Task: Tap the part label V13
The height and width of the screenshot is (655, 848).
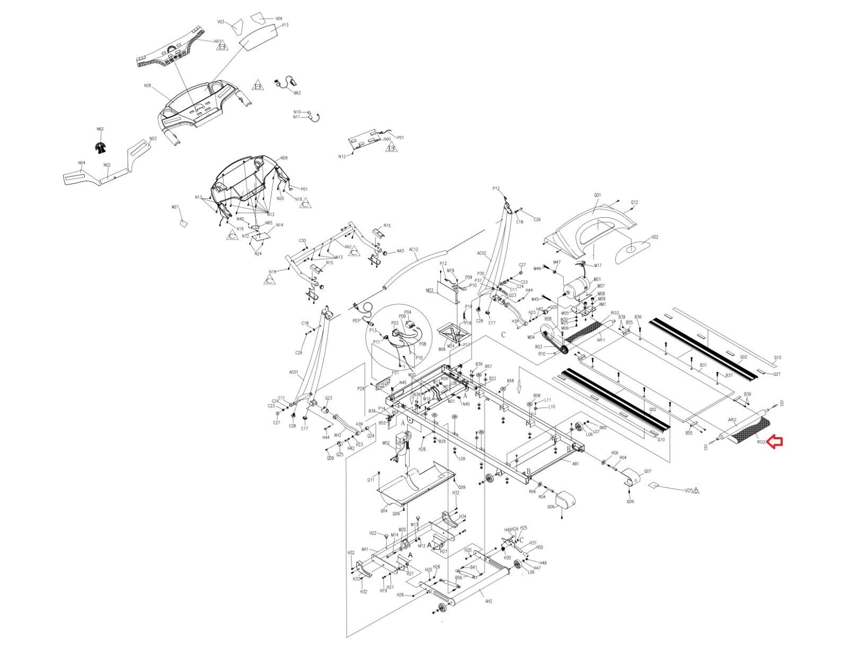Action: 285,25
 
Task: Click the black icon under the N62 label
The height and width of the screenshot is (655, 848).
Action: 100,148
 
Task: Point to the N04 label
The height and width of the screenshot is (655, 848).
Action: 82,163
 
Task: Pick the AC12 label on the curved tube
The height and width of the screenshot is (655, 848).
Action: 414,249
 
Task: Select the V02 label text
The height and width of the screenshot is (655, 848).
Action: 655,237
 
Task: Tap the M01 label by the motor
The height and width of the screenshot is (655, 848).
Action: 597,279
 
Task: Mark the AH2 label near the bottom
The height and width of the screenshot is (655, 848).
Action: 488,601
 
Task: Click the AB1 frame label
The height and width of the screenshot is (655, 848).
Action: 576,463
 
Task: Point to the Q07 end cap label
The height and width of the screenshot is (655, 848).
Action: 648,471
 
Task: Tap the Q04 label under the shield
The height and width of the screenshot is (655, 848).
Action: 384,511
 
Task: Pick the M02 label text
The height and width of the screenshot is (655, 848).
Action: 386,442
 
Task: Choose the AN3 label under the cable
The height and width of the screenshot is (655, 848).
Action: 297,93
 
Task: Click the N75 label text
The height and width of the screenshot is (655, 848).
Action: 387,226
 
